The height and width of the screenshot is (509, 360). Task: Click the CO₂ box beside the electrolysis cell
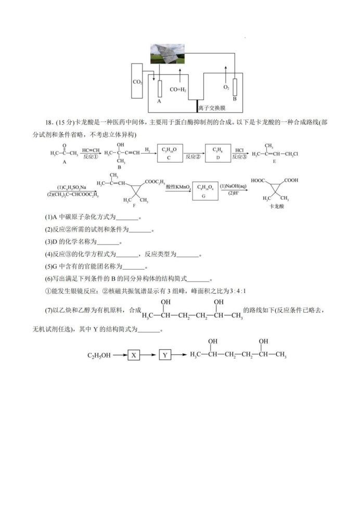click(138, 82)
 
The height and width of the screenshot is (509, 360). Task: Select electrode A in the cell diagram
click(159, 90)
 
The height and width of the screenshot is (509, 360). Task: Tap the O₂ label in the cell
click(226, 87)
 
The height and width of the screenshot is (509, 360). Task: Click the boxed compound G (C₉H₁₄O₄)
click(205, 190)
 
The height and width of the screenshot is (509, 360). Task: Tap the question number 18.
click(50, 122)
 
